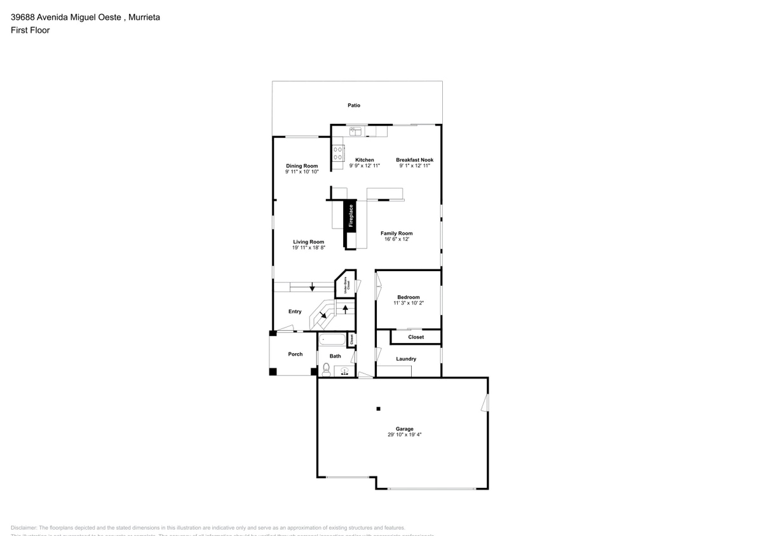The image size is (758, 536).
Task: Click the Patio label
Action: coord(353,105)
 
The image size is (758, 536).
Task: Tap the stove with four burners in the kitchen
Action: coord(339,153)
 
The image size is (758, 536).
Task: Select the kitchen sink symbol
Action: coord(355,131)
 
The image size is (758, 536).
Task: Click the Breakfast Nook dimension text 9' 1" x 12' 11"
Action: coord(415,166)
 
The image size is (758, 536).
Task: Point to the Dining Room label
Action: coord(301,166)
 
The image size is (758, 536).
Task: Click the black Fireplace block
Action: coord(349,216)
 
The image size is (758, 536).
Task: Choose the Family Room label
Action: coord(396,233)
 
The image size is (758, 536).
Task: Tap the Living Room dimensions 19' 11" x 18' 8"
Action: coord(308,248)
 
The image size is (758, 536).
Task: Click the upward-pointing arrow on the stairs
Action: coord(345,309)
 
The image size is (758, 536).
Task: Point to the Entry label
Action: coord(295,312)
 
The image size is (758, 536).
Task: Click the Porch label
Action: coord(295,354)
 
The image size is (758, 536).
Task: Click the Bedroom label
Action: coord(409,297)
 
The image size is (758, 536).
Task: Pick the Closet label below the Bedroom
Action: coord(416,337)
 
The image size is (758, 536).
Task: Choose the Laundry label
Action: coord(406,359)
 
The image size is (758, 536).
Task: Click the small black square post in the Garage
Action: coord(378,408)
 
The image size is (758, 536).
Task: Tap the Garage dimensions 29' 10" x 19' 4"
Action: coord(404,435)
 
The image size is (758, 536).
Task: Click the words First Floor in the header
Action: coord(30,30)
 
